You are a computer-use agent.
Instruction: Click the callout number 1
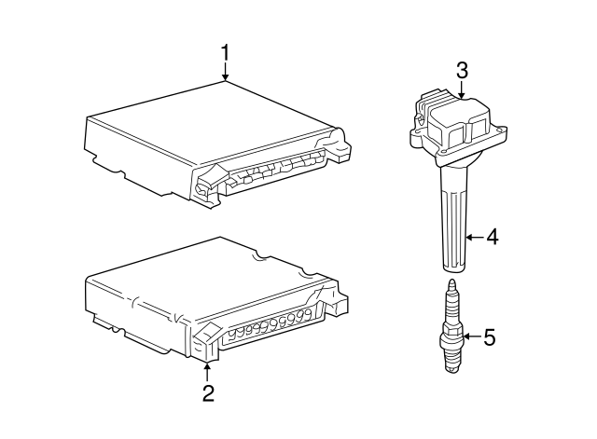click(x=226, y=52)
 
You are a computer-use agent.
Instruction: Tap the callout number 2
click(x=208, y=393)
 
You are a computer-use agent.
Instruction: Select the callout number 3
click(x=462, y=71)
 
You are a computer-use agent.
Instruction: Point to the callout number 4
click(x=492, y=237)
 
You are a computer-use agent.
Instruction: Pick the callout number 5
click(x=490, y=337)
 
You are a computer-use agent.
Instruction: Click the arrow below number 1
click(x=226, y=72)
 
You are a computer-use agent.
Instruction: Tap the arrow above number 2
click(x=207, y=372)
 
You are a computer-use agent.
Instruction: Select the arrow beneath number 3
click(x=462, y=90)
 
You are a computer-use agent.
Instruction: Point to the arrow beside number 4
click(x=475, y=238)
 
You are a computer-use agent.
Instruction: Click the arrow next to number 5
click(x=473, y=336)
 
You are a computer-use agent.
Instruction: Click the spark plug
click(x=451, y=326)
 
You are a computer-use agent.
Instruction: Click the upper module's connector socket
click(x=276, y=171)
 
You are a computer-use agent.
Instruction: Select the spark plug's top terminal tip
click(x=451, y=282)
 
